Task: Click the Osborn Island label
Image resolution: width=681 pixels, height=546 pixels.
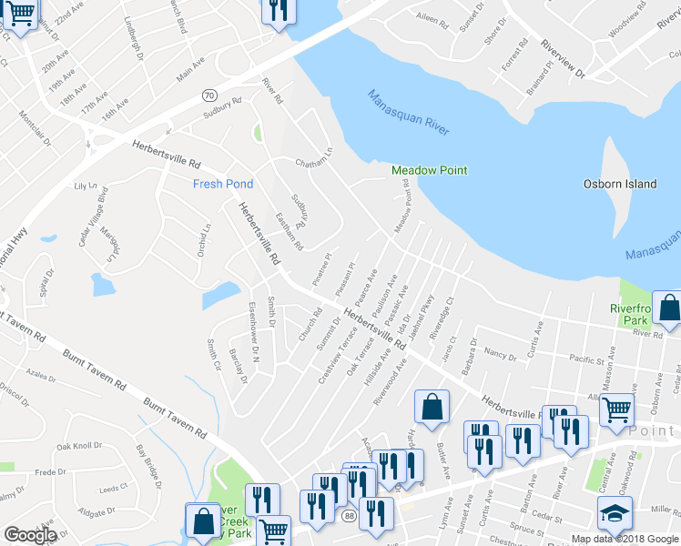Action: [x=619, y=184]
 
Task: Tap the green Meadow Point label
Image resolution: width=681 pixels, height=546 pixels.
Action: [x=429, y=170]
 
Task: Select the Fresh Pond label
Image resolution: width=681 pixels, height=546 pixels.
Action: [x=222, y=184]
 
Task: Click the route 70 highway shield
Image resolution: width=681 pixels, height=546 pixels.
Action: [x=208, y=95]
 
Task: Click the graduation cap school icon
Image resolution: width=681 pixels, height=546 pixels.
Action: [x=615, y=514]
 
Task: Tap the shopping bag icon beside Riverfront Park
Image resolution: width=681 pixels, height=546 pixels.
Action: [x=669, y=311]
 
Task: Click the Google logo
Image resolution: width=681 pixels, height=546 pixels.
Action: [x=30, y=535]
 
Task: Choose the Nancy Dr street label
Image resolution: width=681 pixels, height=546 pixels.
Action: [x=501, y=352]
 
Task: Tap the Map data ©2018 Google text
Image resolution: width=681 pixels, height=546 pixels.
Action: [x=625, y=539]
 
